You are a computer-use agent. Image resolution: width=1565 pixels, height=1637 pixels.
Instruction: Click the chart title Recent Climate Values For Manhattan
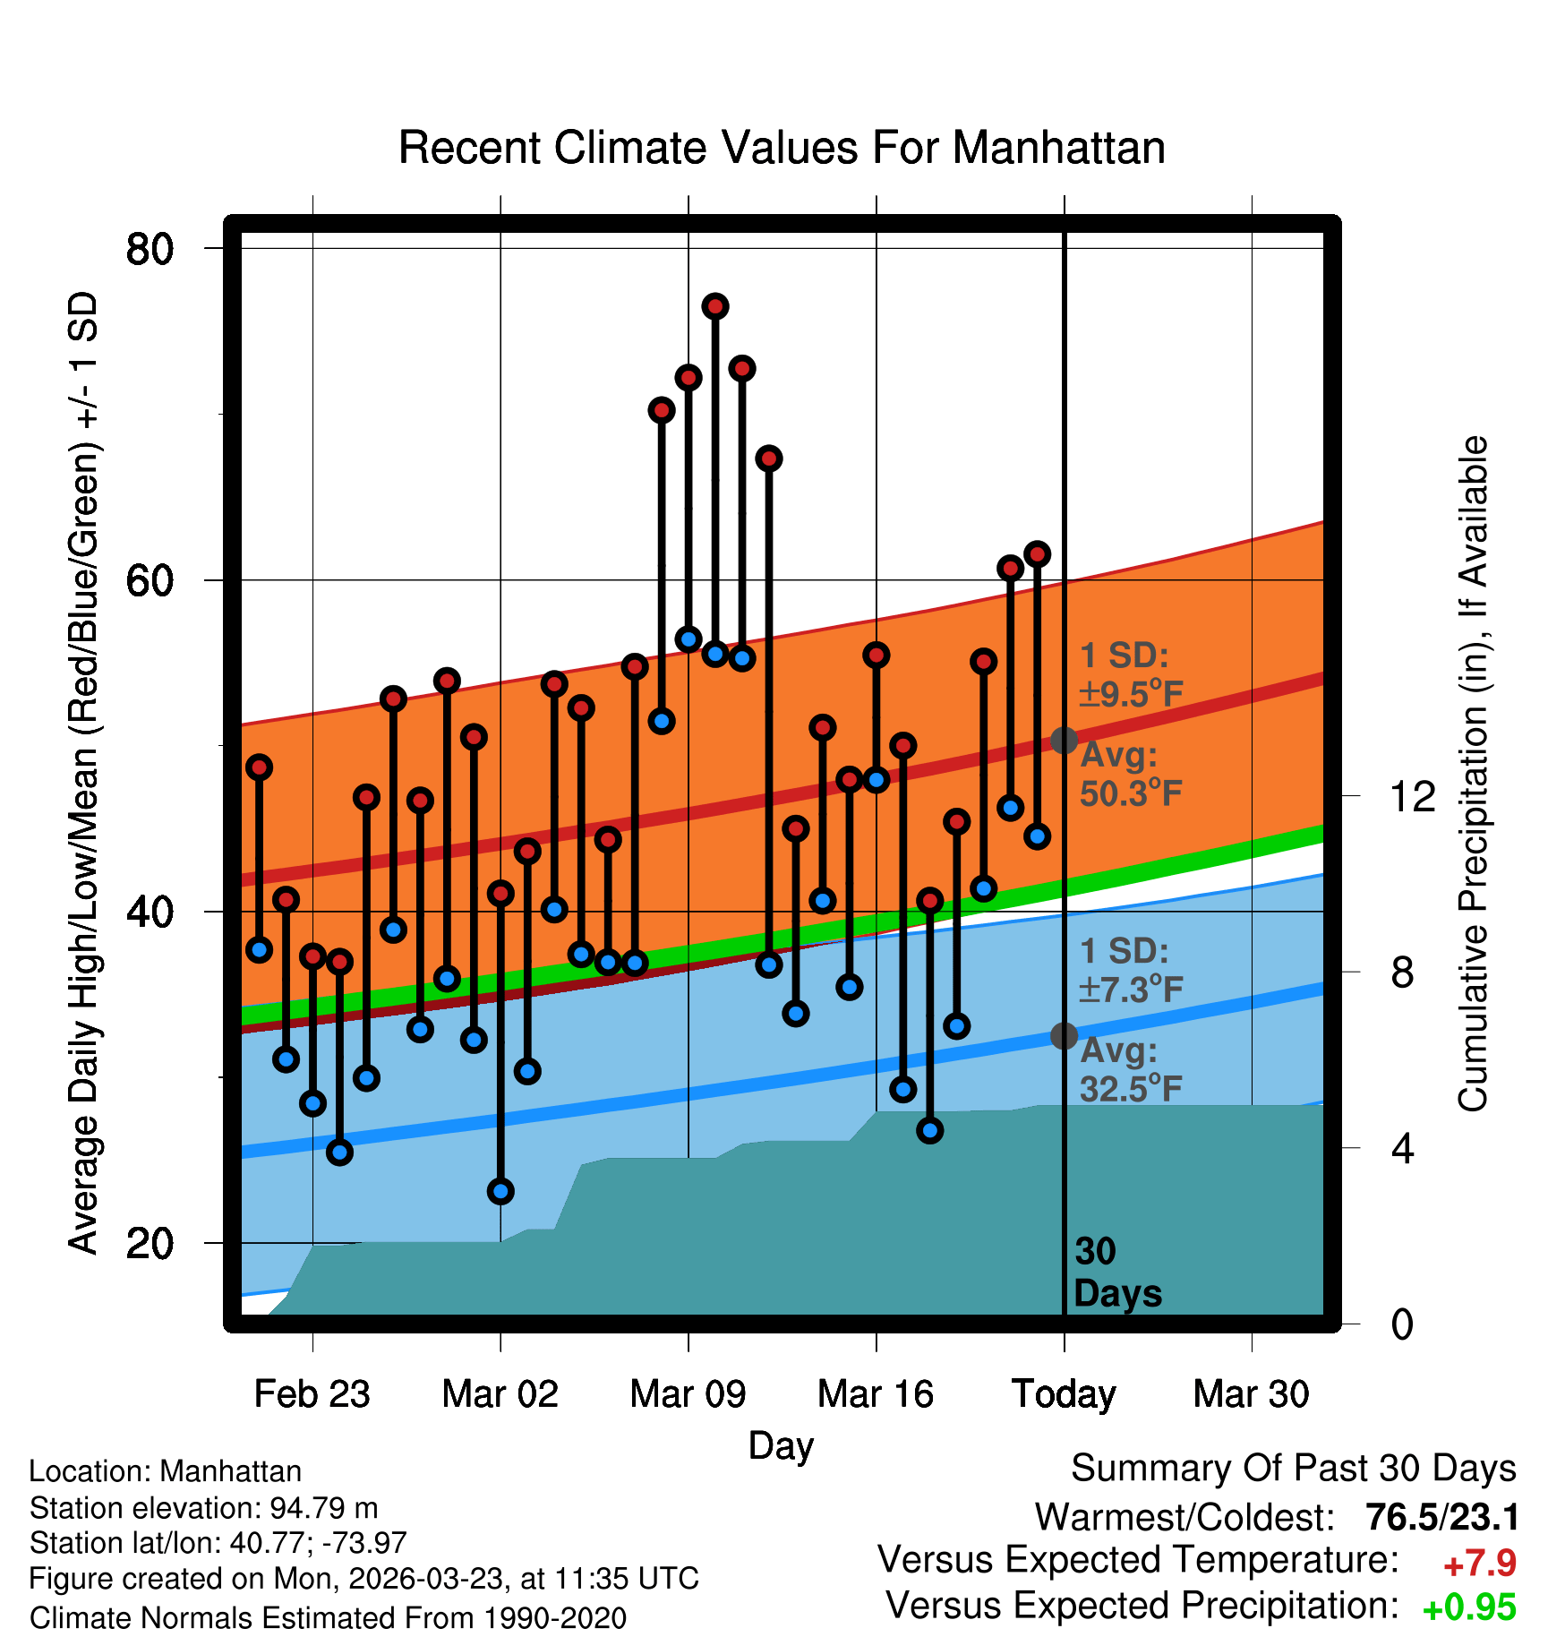[x=782, y=148]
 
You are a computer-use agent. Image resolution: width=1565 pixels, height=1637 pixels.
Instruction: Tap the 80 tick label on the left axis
[x=150, y=249]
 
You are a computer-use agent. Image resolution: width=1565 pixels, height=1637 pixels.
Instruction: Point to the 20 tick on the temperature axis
[x=150, y=1243]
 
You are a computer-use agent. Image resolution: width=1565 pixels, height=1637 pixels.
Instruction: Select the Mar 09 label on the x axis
[x=688, y=1394]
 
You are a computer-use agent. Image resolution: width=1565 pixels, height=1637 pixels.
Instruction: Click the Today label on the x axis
[x=1064, y=1394]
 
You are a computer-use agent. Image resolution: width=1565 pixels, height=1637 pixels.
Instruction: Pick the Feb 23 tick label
[x=312, y=1394]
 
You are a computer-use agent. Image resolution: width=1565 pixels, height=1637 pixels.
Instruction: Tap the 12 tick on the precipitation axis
[x=1412, y=796]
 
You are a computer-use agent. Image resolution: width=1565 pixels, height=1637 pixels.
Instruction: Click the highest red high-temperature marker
[x=714, y=306]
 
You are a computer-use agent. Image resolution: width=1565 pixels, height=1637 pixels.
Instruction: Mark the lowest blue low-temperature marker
[x=500, y=1191]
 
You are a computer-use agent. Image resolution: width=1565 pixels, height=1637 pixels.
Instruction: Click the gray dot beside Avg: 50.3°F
[x=1064, y=741]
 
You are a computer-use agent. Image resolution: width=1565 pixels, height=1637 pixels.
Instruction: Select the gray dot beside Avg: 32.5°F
[x=1064, y=1036]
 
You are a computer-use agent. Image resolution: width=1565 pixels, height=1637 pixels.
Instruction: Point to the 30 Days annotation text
[x=1116, y=1273]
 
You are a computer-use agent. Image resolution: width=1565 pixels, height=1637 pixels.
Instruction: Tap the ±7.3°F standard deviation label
[x=1131, y=990]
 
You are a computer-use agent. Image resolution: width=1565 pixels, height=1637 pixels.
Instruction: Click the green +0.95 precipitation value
[x=1468, y=1607]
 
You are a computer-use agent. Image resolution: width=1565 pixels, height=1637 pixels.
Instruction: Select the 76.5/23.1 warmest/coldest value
[x=1441, y=1518]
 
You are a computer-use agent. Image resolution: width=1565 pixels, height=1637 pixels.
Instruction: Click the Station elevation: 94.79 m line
[x=203, y=1508]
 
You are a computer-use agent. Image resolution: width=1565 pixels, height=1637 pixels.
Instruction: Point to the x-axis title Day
[x=781, y=1445]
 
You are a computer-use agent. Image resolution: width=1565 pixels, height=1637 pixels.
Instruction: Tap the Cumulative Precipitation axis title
[x=1473, y=774]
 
